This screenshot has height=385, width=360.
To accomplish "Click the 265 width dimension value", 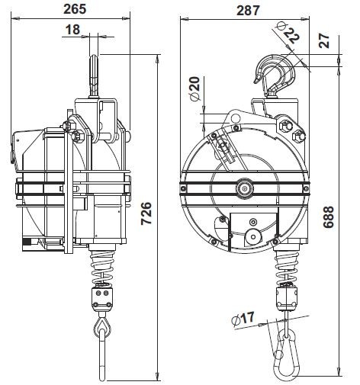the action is (75, 9).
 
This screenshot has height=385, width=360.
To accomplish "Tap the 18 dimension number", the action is (72, 30).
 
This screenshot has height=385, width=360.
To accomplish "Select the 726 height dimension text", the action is (146, 213).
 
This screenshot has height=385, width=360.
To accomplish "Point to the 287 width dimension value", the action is (248, 11).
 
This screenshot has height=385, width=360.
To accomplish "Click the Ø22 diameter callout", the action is (288, 32).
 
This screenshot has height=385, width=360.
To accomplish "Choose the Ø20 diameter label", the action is (195, 88).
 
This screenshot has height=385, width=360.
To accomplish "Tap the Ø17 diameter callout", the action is (243, 318).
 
